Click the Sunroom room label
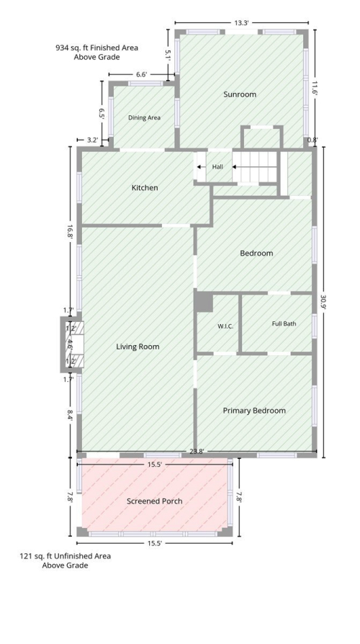tap(240, 94)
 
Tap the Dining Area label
tap(144, 118)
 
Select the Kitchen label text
tap(145, 188)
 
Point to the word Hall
tap(217, 166)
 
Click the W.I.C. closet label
tap(225, 326)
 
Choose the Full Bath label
tap(284, 323)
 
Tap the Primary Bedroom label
tap(254, 411)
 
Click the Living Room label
tap(138, 346)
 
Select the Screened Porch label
tap(154, 501)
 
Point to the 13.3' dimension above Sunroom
tap(241, 22)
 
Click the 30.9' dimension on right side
tap(324, 303)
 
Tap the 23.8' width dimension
tap(197, 452)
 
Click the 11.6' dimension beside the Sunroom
tap(315, 87)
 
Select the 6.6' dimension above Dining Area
tap(141, 75)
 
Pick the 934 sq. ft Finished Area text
tap(97, 48)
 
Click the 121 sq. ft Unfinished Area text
tap(66, 556)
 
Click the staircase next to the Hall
tap(256, 166)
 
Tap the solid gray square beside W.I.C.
tap(204, 302)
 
